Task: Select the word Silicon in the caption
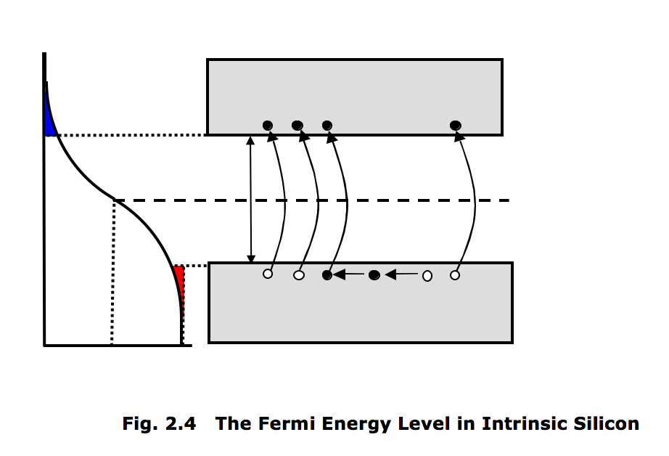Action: click(x=608, y=423)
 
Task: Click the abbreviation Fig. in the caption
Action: click(x=140, y=423)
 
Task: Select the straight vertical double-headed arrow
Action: click(x=251, y=200)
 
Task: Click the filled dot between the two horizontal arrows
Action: click(x=374, y=275)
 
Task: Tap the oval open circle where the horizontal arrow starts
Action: click(x=427, y=275)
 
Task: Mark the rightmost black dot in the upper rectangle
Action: click(x=455, y=126)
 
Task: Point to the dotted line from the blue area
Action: click(x=131, y=135)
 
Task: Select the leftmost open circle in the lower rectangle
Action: click(x=268, y=274)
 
